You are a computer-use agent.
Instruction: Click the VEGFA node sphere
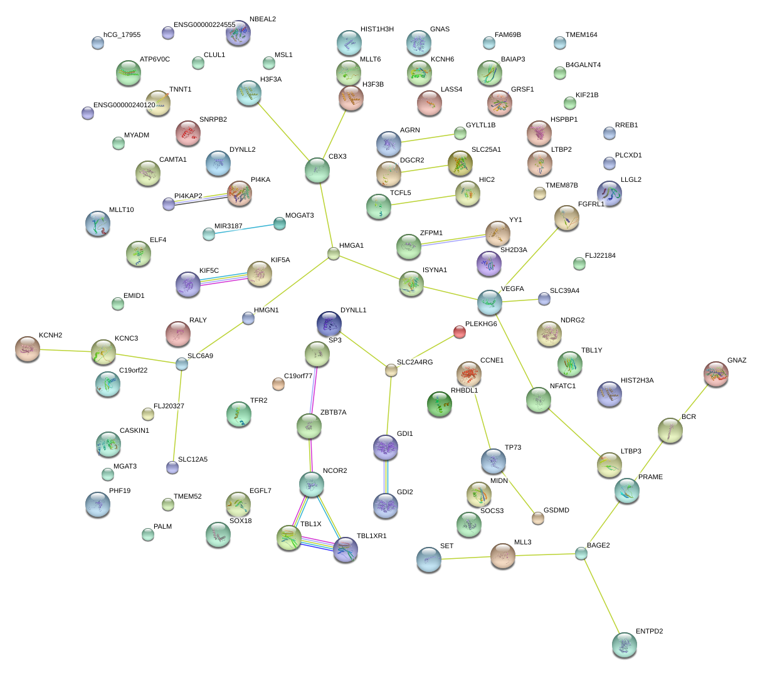tap(489, 302)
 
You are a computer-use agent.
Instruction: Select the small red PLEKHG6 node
tap(460, 332)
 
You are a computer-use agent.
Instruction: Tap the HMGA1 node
tap(334, 253)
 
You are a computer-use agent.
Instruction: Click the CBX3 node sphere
tap(317, 169)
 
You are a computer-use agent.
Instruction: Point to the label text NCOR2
tap(335, 471)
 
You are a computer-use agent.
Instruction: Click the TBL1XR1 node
tap(345, 549)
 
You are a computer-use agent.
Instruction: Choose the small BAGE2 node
tap(581, 553)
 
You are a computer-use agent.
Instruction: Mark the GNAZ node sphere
tap(716, 374)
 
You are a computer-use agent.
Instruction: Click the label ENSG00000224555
tap(204, 25)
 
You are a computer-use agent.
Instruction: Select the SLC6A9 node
tap(182, 363)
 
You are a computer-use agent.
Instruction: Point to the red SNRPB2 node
tap(187, 133)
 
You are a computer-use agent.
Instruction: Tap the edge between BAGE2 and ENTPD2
tap(602, 598)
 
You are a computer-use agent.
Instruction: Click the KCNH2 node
tap(27, 349)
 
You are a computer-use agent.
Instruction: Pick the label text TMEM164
tap(581, 35)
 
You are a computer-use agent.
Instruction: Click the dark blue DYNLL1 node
tap(329, 324)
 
